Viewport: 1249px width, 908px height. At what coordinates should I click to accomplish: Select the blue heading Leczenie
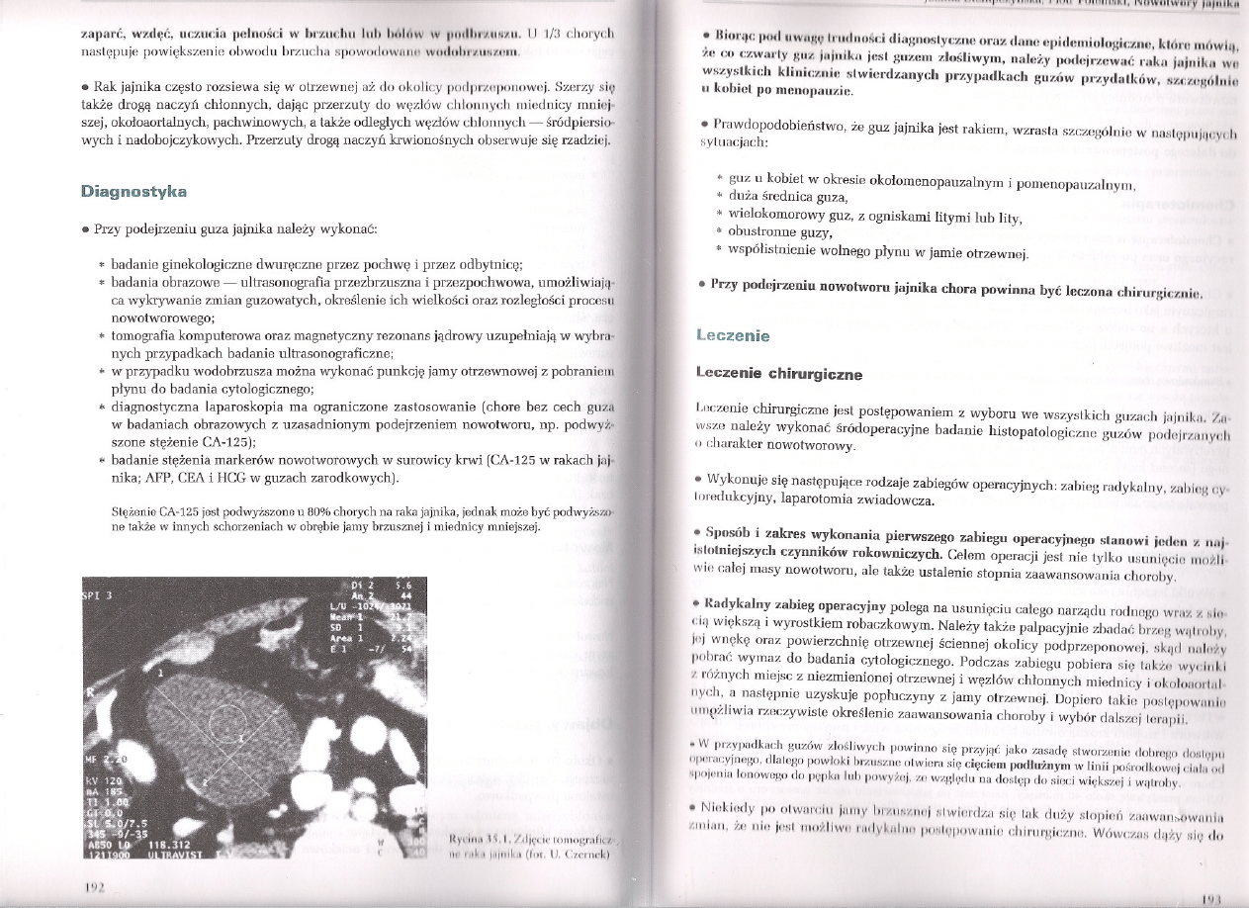point(734,335)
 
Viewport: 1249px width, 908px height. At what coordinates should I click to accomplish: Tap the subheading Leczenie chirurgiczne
point(778,374)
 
